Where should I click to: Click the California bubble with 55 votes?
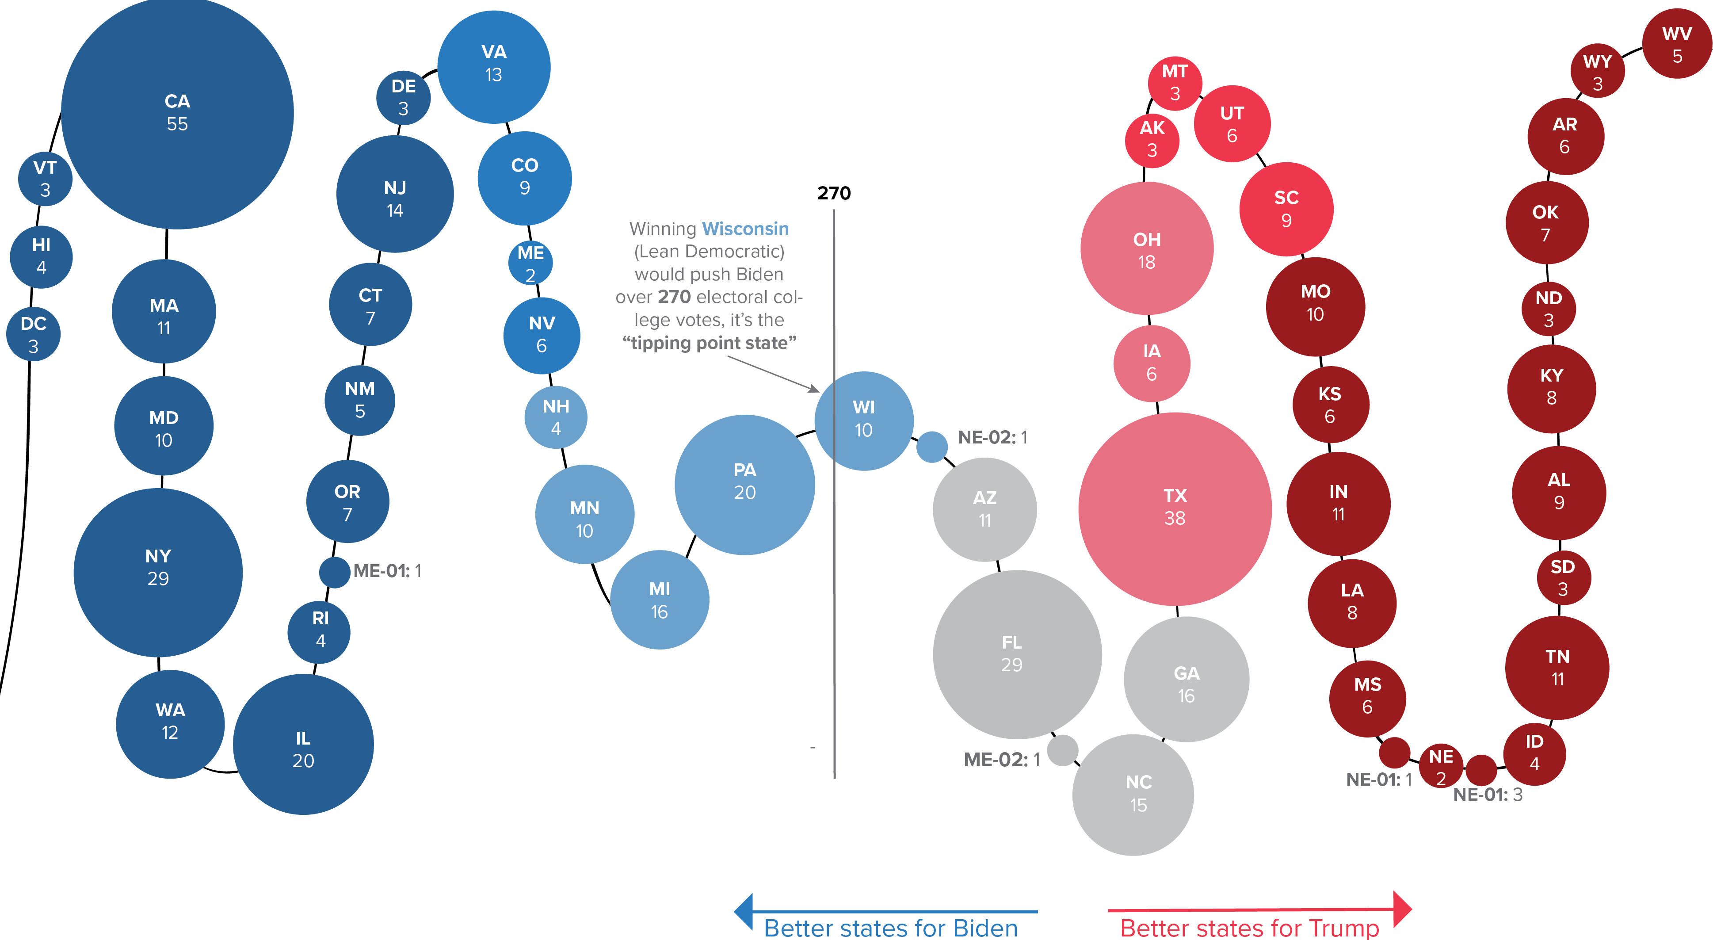click(177, 113)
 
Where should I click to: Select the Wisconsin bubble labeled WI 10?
click(864, 420)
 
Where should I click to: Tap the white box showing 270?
click(833, 187)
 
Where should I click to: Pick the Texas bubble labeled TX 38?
click(1175, 508)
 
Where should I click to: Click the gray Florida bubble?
click(1016, 654)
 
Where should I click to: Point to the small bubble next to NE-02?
click(931, 447)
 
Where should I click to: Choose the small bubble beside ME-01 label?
click(335, 572)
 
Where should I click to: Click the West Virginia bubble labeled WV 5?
click(1676, 44)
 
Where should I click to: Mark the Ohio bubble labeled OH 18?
click(1146, 249)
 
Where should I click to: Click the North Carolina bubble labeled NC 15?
click(1133, 794)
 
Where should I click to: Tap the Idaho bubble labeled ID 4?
click(1534, 753)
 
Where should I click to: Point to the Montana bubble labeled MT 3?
click(1175, 83)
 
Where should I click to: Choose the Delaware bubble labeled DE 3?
click(403, 98)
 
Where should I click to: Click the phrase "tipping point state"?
click(709, 343)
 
